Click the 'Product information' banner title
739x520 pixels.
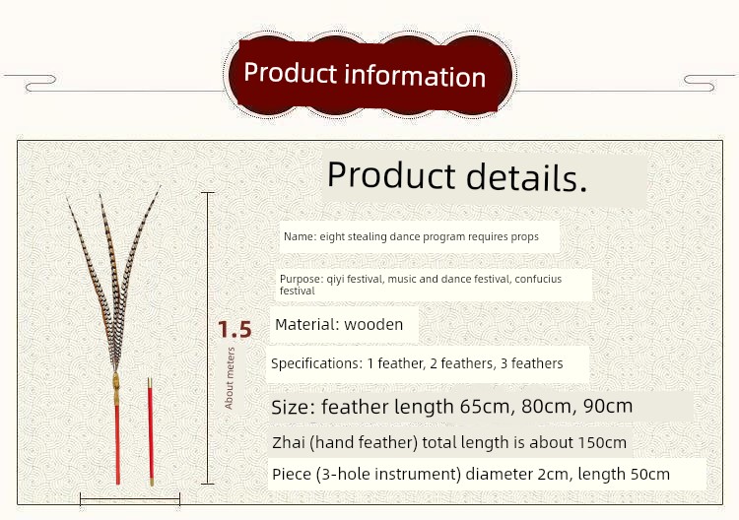(x=365, y=75)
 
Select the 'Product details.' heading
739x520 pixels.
(x=456, y=176)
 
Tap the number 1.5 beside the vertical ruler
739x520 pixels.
(x=235, y=329)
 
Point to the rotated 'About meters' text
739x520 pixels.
(x=230, y=378)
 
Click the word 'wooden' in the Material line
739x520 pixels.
(x=373, y=325)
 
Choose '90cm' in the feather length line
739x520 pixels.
(x=608, y=406)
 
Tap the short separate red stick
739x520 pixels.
(x=151, y=431)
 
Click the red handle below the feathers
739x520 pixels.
(x=117, y=444)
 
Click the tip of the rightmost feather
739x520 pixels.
(x=161, y=186)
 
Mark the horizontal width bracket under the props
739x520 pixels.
(x=130, y=498)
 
